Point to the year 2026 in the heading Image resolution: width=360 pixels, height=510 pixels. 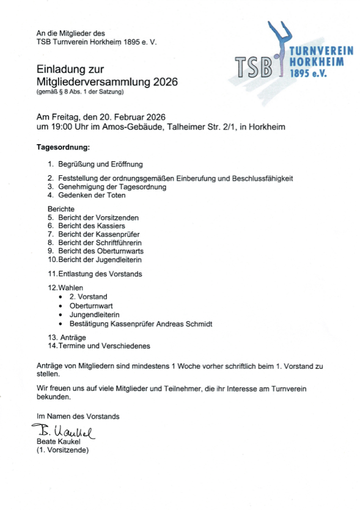[x=163, y=81]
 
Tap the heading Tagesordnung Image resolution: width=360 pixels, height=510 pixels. [x=63, y=147]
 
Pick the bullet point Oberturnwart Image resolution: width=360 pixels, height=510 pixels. [x=91, y=305]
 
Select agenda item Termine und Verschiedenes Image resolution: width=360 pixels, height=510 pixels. [x=104, y=346]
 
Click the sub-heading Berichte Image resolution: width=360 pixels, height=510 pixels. [x=61, y=209]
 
